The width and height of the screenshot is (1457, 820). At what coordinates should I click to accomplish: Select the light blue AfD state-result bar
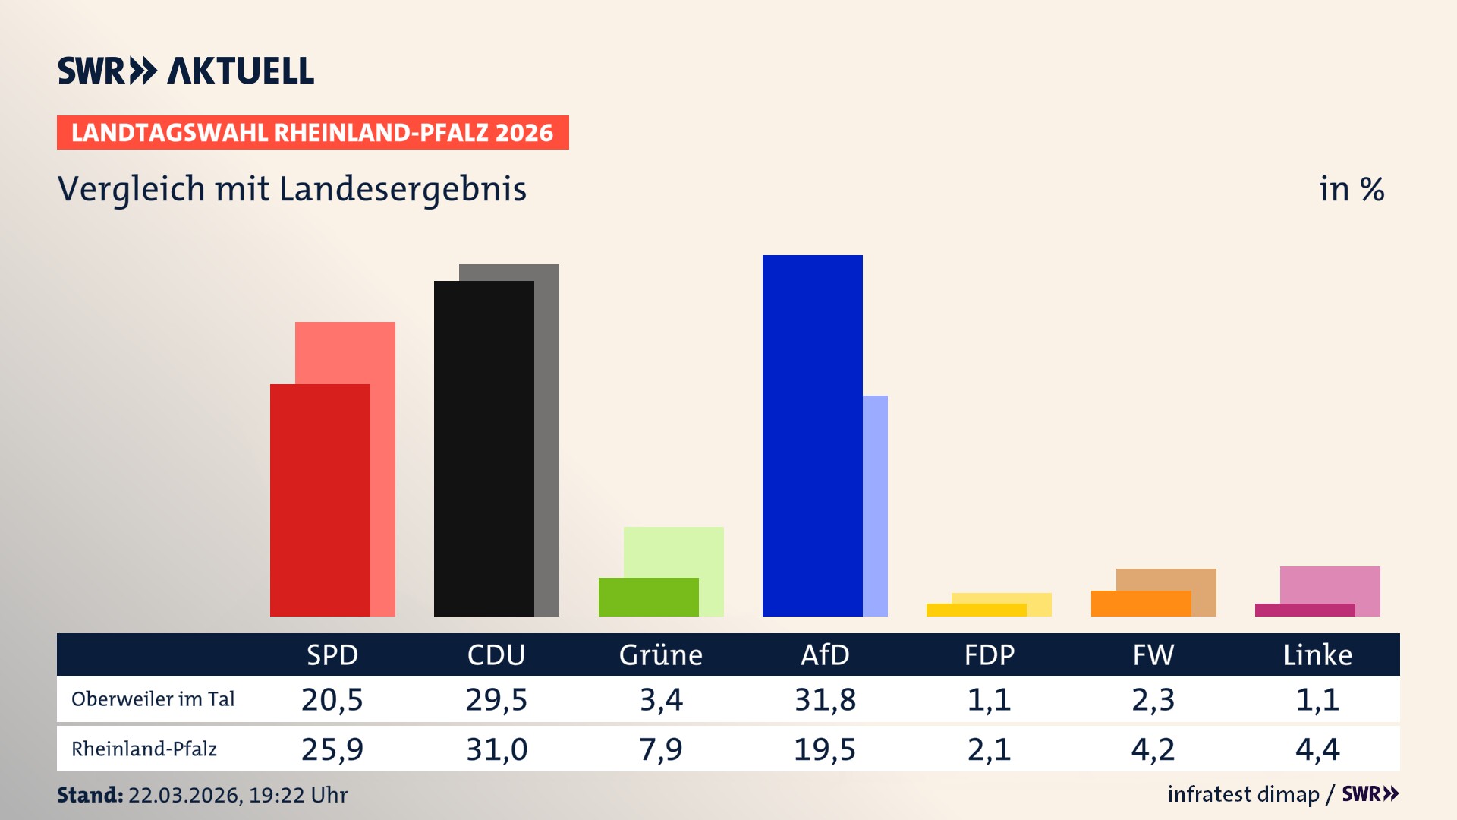875,505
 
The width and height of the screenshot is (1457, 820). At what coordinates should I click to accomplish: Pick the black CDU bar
483,448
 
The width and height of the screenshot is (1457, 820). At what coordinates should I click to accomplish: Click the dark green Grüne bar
648,597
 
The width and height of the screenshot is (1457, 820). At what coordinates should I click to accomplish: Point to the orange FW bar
1141,604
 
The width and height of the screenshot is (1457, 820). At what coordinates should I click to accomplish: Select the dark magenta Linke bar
1304,610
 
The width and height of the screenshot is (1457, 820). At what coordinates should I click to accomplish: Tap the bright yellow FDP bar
976,610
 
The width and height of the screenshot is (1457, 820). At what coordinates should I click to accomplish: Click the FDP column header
989,654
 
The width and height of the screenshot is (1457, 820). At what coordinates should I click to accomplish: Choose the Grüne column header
660,654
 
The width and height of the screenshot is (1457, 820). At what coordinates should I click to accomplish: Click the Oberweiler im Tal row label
153,699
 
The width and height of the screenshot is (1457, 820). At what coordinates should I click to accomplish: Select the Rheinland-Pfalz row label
144,749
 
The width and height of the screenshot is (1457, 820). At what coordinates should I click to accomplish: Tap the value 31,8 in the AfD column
825,699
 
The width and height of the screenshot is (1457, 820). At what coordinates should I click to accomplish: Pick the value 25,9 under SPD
332,749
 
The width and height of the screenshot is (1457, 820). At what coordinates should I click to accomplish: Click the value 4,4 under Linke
1317,749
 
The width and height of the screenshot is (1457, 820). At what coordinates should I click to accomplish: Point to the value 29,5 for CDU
496,699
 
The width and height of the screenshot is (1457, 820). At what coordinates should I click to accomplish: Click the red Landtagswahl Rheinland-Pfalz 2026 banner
313,132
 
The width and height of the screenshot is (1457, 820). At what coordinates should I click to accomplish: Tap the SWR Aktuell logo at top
186,71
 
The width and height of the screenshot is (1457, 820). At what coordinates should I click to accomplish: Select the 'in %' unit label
1351,189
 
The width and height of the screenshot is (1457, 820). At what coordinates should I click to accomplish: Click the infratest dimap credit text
1243,794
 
